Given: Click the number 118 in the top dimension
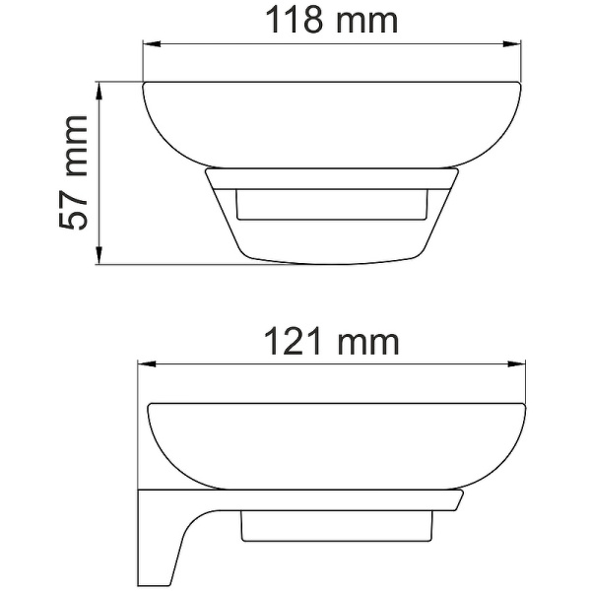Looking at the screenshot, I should click(x=293, y=21).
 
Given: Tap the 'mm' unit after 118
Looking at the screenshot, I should click(x=363, y=21).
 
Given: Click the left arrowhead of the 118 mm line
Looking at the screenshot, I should click(x=150, y=44).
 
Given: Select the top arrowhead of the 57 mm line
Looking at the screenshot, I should click(x=98, y=89).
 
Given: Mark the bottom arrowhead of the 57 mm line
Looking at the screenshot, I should click(x=98, y=259).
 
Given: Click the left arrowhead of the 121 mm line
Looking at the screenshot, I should click(x=144, y=364).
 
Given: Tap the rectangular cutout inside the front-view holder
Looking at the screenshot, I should click(x=331, y=207).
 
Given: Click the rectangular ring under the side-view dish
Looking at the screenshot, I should click(x=335, y=526).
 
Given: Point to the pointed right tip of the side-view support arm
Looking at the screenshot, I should click(x=461, y=501).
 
